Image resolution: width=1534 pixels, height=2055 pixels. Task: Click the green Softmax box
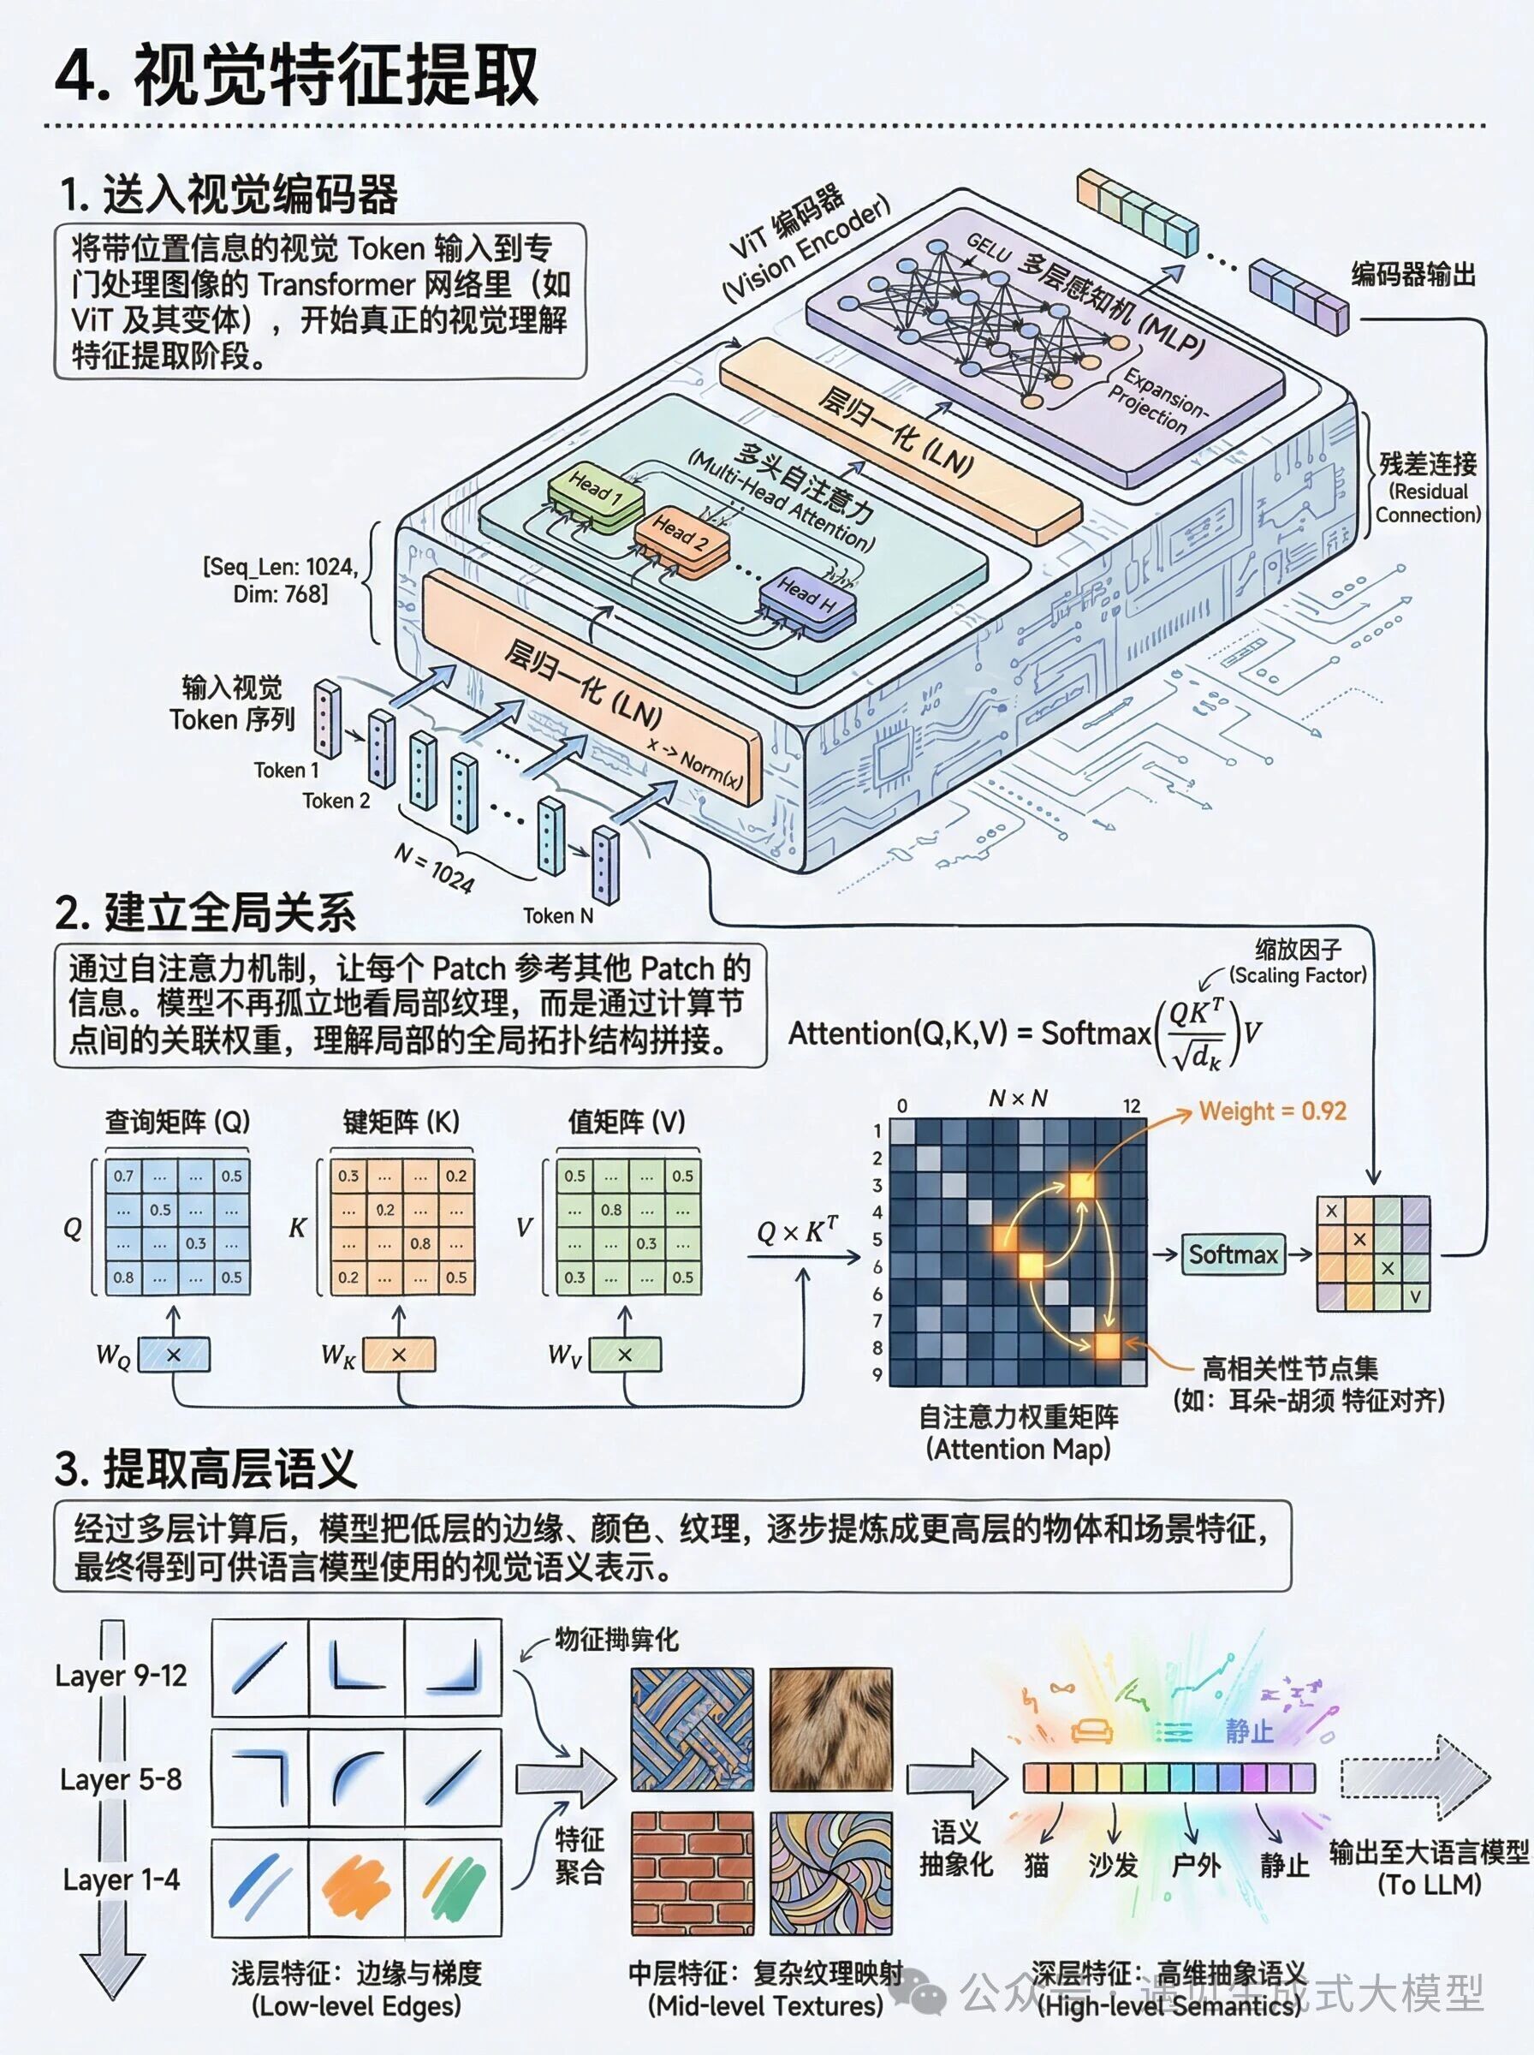coord(1234,1254)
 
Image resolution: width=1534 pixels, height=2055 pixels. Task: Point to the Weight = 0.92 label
coord(1272,1111)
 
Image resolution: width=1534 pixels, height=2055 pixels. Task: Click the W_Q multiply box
coord(174,1355)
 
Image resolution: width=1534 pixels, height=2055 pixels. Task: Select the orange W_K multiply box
coord(399,1355)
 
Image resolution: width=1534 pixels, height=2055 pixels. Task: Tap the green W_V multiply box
coord(625,1355)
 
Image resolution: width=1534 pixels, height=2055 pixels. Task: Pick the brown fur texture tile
coord(830,1729)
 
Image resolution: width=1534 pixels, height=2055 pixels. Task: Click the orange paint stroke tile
coord(357,1885)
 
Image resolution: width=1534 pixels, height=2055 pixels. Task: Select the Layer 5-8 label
coord(121,1779)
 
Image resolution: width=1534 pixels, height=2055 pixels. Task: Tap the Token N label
coord(557,915)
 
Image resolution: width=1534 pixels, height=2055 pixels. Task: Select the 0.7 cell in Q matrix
coord(123,1176)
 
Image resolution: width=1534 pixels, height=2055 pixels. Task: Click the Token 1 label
coord(286,770)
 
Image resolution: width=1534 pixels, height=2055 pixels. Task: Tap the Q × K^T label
coord(797,1231)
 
